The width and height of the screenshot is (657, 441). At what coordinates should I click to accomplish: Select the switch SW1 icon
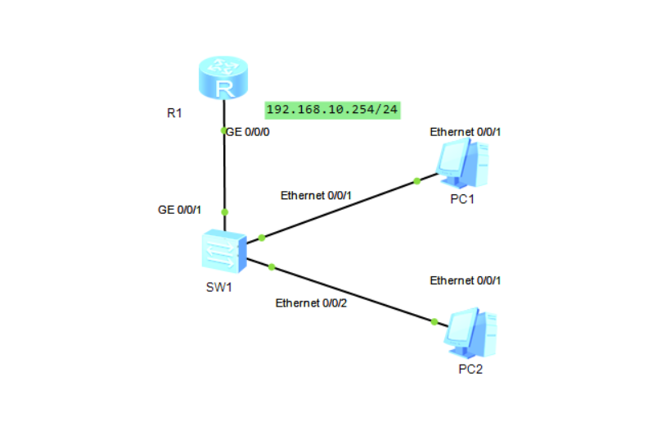223,250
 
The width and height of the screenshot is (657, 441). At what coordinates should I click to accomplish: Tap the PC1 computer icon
462,161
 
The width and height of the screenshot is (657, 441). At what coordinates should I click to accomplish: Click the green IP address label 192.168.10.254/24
332,110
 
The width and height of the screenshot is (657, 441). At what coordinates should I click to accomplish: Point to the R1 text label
174,113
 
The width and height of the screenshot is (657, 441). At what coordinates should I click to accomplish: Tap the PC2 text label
470,369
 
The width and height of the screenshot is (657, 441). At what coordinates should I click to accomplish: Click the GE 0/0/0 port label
248,130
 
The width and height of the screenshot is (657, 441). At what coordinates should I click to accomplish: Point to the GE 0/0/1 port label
178,210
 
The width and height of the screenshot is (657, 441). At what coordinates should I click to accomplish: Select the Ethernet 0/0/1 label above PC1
465,131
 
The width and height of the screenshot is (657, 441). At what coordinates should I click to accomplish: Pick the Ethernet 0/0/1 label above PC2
466,280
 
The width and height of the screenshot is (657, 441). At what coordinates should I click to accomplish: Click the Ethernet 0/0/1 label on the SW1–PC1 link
316,196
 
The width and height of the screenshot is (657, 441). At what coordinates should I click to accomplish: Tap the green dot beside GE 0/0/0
224,130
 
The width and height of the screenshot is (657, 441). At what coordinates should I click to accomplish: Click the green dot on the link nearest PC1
416,180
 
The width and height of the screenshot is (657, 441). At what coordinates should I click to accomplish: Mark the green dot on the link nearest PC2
434,322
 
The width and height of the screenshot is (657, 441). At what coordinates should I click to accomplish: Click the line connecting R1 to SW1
224,172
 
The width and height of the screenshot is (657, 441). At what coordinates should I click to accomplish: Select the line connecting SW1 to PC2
352,293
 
